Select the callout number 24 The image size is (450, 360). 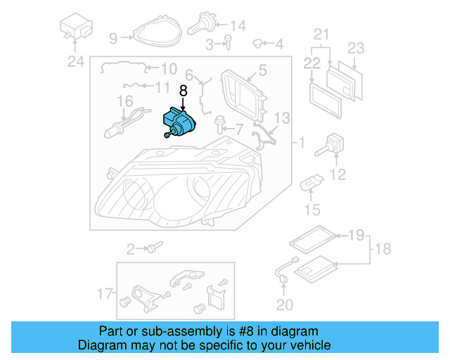click(75, 61)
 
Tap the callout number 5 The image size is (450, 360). click(262, 70)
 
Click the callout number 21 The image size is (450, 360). click(321, 34)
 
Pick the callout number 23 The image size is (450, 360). click(356, 49)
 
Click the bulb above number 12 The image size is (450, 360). click(330, 146)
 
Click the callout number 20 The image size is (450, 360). click(283, 304)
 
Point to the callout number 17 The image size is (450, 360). click(103, 292)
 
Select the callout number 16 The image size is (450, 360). click(125, 102)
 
